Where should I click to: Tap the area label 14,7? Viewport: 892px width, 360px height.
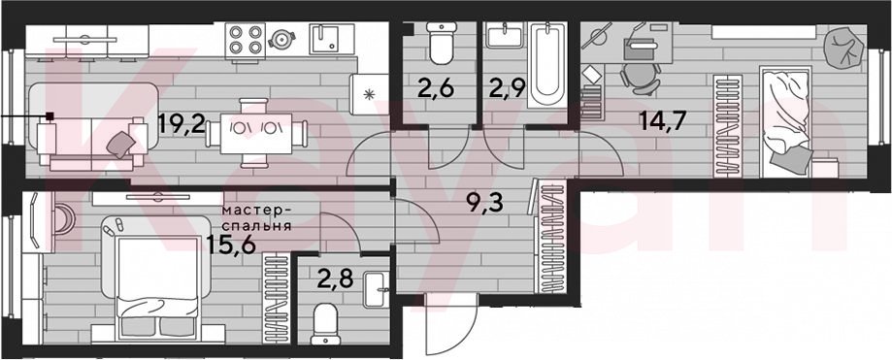pos(663,120)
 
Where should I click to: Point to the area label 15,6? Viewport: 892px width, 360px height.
pos(230,245)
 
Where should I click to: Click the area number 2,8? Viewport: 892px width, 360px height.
pos(336,279)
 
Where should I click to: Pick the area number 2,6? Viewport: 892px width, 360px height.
pos(436,89)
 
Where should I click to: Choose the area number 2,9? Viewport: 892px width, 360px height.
pos(506,89)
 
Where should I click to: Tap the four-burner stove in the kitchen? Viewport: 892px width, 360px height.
pos(246,40)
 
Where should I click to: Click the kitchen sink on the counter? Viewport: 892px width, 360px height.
pos(328,39)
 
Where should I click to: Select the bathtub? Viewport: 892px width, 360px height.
pos(547,65)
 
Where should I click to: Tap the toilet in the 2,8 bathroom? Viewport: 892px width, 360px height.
pos(326,324)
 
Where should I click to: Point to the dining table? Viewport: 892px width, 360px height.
pos(256,134)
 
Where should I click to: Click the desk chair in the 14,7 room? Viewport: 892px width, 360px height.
pos(640,78)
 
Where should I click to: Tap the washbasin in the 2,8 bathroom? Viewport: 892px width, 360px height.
pos(376,282)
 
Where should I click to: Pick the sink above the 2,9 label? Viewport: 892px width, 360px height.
pos(504,35)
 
